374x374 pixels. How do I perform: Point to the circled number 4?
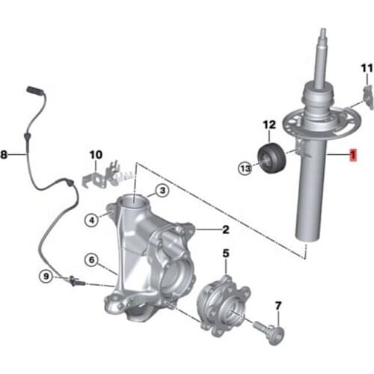(91, 220)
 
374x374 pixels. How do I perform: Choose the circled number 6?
(91, 260)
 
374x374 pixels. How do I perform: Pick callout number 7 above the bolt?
(278, 305)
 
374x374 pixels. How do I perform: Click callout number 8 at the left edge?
(4, 156)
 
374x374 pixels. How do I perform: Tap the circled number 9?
(46, 278)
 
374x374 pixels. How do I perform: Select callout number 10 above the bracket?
(94, 155)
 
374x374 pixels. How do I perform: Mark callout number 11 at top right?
(365, 69)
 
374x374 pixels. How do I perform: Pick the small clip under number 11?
(366, 95)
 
